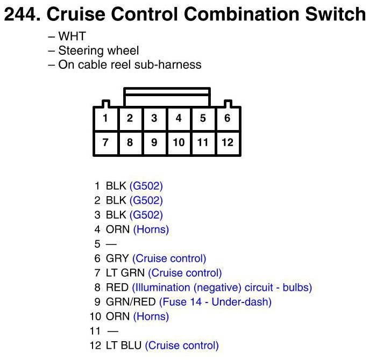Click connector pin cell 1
tap(105, 118)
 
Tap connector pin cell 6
tap(228, 118)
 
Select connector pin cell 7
tap(105, 142)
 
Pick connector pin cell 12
tap(228, 142)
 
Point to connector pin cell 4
tap(179, 118)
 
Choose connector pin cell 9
tap(154, 142)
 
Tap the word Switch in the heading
tap(333, 15)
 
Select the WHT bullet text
tap(72, 37)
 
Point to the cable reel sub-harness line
tap(130, 65)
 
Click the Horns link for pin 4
tap(151, 229)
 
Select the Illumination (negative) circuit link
tap(222, 287)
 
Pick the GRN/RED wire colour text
tap(131, 302)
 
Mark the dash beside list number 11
tap(113, 331)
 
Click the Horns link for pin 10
tap(151, 316)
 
